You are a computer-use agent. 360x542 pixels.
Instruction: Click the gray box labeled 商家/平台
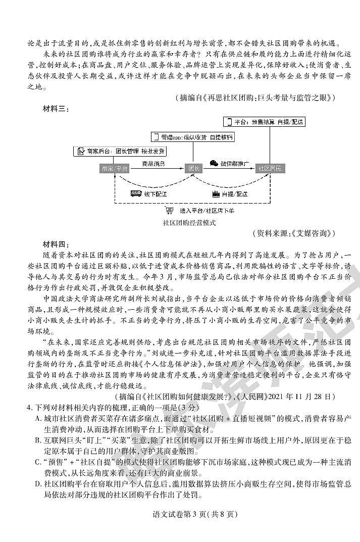(x=114, y=168)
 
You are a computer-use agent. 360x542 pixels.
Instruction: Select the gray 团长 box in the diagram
(x=194, y=168)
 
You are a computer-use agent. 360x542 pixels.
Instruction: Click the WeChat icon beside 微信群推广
(x=214, y=163)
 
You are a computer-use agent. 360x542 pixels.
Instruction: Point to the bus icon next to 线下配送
(x=135, y=193)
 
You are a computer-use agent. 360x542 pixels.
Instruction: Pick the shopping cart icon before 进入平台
(x=169, y=211)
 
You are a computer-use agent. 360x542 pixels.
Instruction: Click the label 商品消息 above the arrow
(x=153, y=164)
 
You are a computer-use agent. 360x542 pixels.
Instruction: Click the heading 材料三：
(x=56, y=108)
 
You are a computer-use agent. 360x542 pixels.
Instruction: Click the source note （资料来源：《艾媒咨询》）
(x=293, y=233)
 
